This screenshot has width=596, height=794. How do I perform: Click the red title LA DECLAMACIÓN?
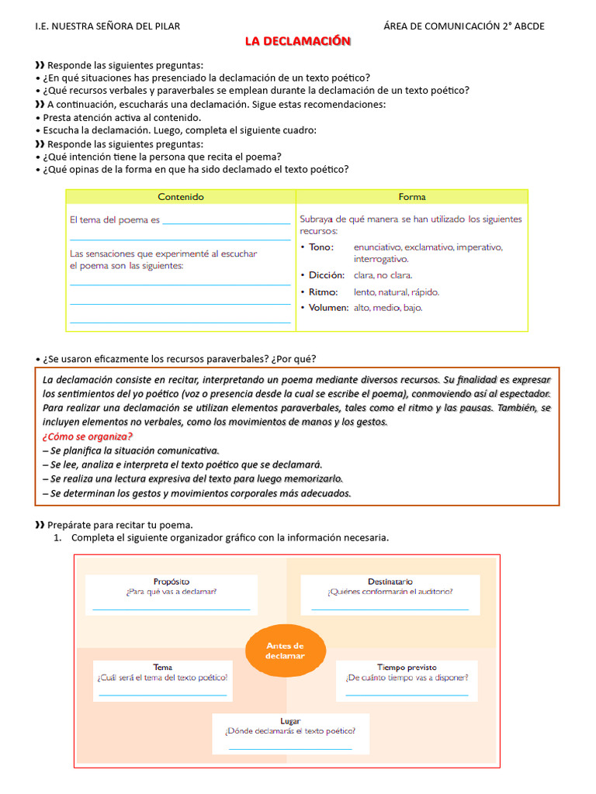coord(298,41)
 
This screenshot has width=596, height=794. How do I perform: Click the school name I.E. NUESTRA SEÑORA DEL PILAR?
coord(108,26)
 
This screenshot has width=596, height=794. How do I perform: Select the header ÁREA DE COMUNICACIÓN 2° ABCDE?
coord(464,26)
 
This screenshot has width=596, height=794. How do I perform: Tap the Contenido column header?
coord(181,197)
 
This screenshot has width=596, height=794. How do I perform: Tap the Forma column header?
coord(412,197)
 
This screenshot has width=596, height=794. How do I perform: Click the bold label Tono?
coord(321,247)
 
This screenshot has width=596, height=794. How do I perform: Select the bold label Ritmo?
coord(323,292)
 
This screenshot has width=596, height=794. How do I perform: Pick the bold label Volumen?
coord(328,308)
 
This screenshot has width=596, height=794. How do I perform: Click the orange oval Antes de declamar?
coord(286,651)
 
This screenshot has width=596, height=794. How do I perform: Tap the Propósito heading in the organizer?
coord(172,581)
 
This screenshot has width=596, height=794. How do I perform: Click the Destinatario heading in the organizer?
coord(390,581)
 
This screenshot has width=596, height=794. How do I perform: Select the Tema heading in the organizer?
coord(163,667)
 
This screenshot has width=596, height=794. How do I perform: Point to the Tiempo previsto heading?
coord(407,667)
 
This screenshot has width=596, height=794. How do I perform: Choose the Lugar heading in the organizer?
coord(290,720)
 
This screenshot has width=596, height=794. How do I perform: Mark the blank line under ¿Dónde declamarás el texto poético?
coord(290,749)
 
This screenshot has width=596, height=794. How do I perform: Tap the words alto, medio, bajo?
coord(388,308)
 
